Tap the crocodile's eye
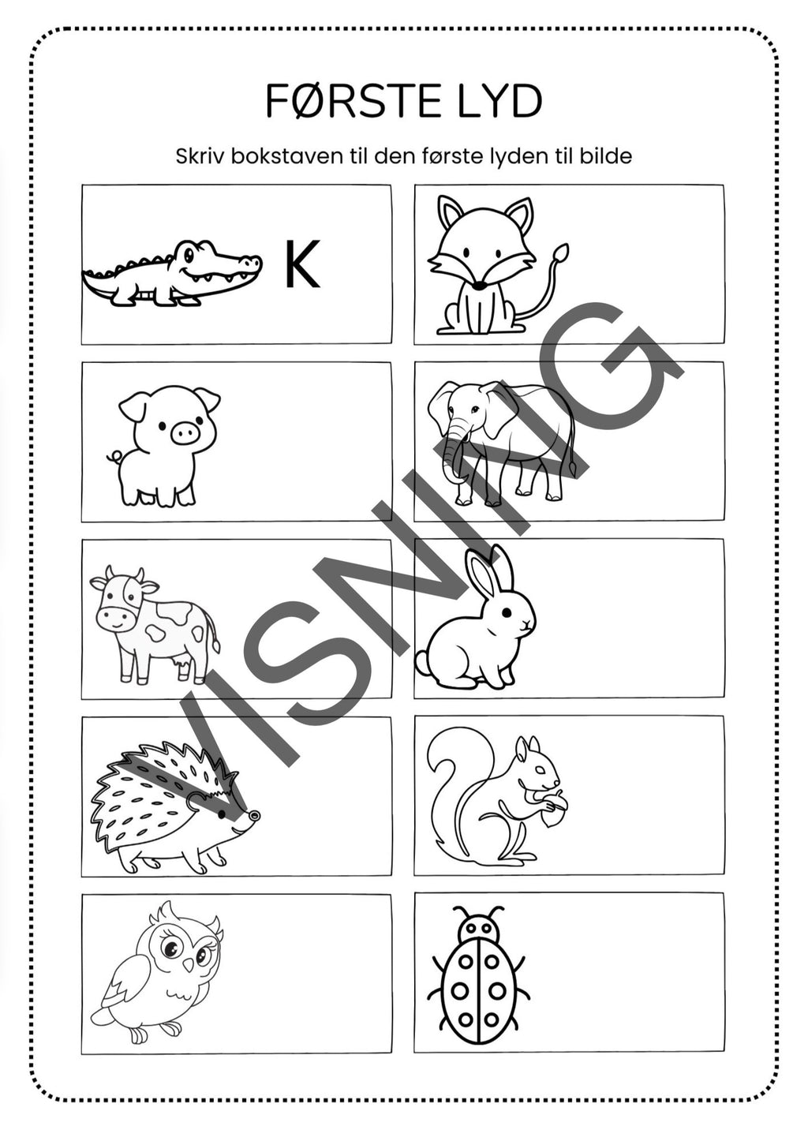pos(189,254)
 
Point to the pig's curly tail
pos(115,457)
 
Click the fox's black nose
pos(481,286)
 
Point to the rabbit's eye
pos(506,612)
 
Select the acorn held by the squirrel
pos(554,809)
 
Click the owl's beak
pos(188,963)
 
